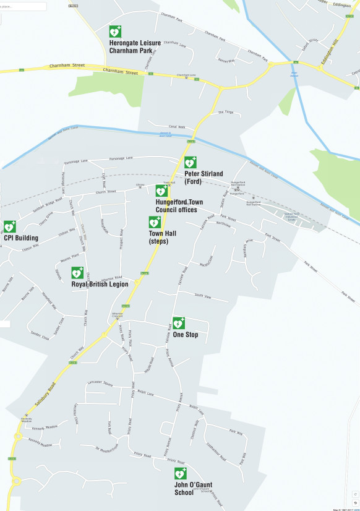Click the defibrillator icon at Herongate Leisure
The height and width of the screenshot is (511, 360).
[115, 32]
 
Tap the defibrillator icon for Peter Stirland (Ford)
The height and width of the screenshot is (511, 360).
[191, 163]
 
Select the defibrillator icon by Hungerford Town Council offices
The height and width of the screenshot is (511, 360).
[161, 191]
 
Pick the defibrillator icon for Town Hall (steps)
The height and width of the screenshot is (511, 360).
[155, 222]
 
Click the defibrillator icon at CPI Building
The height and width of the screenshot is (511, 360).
[10, 227]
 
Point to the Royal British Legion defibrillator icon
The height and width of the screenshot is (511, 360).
[77, 273]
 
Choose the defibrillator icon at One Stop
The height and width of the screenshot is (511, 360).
[179, 323]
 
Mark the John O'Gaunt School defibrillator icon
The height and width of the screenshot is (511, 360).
[180, 474]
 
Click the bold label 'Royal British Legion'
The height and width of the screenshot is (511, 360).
[100, 284]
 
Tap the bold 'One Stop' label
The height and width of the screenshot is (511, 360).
[186, 335]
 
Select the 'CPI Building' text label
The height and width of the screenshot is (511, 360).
[21, 238]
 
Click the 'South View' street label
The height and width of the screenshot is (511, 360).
[202, 296]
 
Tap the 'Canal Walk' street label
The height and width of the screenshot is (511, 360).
[177, 126]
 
